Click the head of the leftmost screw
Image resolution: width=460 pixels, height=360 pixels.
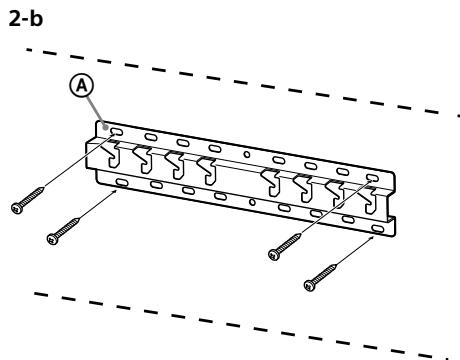(x=17, y=207)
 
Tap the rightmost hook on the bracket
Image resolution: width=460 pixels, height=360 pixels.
(x=374, y=200)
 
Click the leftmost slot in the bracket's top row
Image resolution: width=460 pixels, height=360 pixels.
(x=118, y=130)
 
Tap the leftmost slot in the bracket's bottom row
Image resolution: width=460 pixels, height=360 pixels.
(x=120, y=181)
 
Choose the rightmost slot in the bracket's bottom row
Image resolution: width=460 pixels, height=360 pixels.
(x=377, y=228)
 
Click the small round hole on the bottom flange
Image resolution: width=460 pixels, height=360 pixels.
(x=252, y=203)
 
